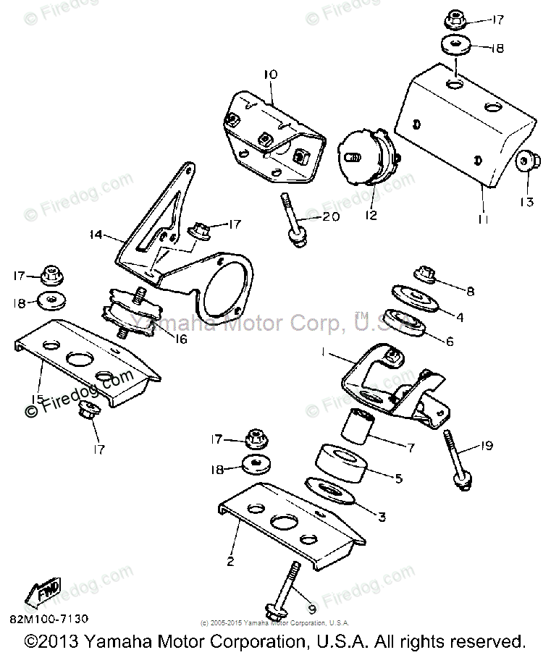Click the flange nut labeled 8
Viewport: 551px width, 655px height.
424,274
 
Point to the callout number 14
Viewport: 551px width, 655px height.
96,234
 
